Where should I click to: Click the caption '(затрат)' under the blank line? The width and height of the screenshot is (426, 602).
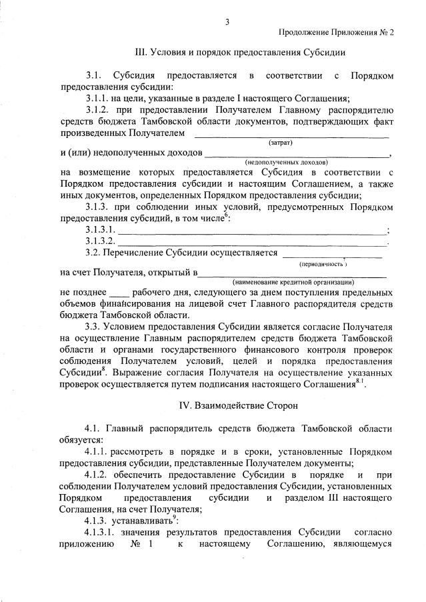[x=281, y=143]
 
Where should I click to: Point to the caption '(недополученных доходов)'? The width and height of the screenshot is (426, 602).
[x=286, y=162]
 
